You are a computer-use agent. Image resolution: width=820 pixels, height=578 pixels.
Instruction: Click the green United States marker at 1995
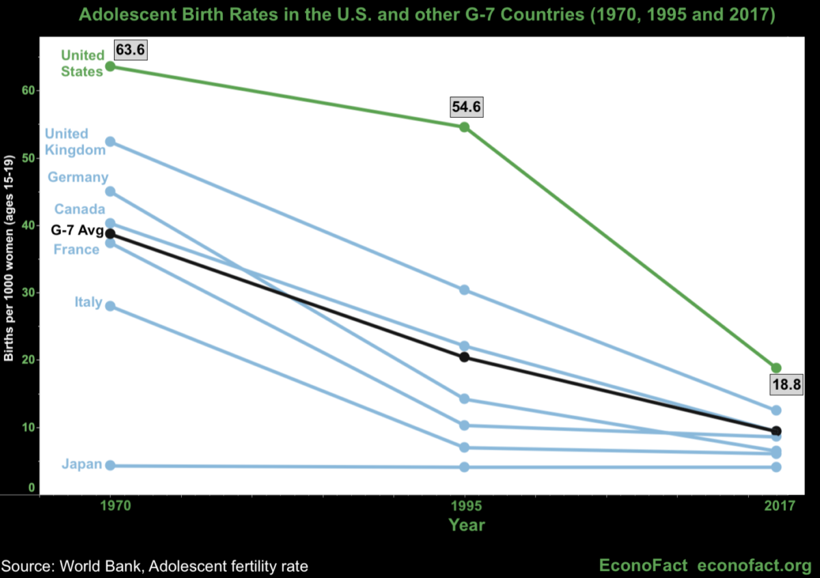point(465,127)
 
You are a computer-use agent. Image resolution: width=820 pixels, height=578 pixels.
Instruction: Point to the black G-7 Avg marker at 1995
point(465,357)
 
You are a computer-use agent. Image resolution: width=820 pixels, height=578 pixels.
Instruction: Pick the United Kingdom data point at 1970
point(110,142)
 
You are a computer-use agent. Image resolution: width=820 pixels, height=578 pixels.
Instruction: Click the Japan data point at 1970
point(110,465)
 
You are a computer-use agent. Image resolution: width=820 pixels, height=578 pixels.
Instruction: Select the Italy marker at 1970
point(110,306)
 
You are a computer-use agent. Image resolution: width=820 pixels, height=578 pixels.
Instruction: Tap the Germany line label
point(78,177)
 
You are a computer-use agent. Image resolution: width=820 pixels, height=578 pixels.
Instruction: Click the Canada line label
point(80,209)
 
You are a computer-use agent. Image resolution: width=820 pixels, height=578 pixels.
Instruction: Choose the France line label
point(77,250)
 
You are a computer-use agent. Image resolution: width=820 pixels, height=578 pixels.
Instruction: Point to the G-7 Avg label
point(77,229)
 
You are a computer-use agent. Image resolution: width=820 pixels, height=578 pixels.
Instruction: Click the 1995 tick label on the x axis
point(465,507)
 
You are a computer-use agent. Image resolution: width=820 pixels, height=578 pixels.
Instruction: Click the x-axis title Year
point(467,525)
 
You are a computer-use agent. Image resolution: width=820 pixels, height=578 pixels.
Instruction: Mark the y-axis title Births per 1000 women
point(9,259)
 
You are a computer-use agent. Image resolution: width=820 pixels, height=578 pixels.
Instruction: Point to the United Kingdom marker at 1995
point(465,290)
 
